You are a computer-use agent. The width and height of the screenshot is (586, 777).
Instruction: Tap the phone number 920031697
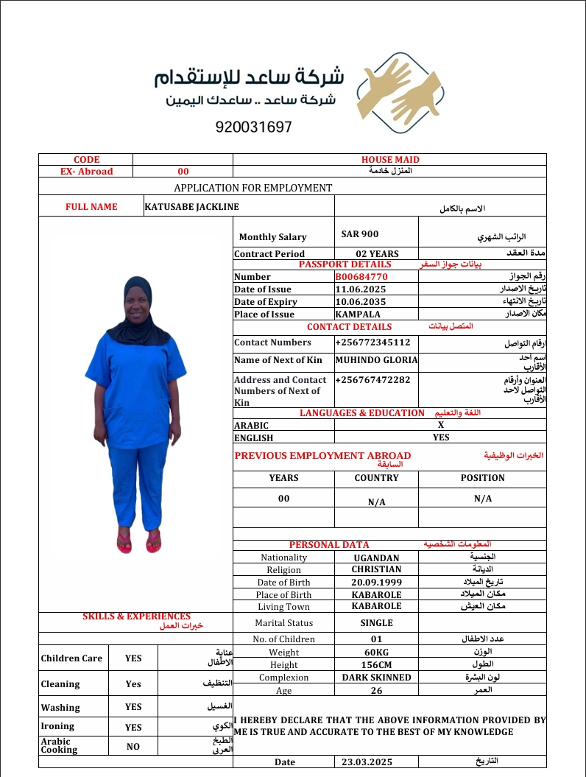tap(254, 127)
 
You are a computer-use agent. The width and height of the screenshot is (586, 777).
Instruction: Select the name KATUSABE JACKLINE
tap(192, 207)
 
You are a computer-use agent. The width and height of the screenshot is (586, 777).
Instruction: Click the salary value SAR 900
tap(360, 234)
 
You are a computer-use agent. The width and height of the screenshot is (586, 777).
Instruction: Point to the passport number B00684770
tap(361, 277)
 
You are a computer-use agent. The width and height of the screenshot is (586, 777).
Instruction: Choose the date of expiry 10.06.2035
tap(358, 302)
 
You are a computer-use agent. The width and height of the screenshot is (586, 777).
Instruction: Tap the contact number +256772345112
tap(373, 342)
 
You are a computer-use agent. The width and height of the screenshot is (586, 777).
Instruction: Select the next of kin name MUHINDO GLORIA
tap(376, 360)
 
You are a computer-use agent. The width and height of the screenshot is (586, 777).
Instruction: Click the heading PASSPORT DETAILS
tap(345, 264)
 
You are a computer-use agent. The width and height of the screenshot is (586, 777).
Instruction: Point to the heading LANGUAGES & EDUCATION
tap(362, 413)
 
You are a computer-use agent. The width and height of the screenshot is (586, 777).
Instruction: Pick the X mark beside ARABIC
tap(441, 425)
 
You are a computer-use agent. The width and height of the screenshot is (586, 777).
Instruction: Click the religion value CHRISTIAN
tap(376, 569)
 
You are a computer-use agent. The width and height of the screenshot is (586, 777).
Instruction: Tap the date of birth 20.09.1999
tap(376, 582)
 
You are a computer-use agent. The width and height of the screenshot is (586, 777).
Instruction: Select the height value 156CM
tap(376, 664)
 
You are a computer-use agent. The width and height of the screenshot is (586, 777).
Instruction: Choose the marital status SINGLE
tap(376, 623)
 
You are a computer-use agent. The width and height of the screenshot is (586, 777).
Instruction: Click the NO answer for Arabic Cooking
tap(133, 746)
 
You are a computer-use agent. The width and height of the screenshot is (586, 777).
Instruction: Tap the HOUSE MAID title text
tap(390, 160)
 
